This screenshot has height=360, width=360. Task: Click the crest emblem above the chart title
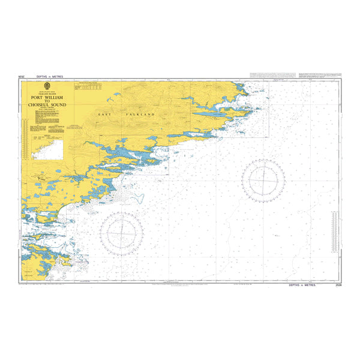pos(46,87)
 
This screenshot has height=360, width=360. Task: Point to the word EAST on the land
pos(106,113)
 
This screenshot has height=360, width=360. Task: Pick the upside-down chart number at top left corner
pos(22,77)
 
